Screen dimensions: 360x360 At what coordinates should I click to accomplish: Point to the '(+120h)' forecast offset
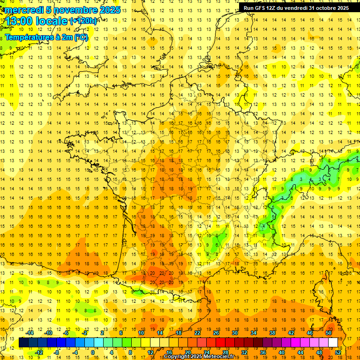[x=83, y=21]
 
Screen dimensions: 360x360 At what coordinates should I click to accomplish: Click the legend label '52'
[x=338, y=352]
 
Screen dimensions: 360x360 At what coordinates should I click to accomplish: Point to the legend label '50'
[x=329, y=333]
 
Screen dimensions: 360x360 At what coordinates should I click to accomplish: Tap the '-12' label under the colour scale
[x=39, y=352]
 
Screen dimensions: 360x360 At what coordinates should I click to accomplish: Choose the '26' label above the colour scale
[x=216, y=333]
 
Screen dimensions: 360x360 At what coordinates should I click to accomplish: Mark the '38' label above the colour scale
[x=272, y=333]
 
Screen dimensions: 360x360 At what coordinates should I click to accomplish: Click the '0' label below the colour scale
[x=93, y=352]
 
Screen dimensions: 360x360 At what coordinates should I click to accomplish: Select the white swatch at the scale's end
[x=333, y=343]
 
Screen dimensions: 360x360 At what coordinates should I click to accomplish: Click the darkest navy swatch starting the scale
[x=23, y=343]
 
